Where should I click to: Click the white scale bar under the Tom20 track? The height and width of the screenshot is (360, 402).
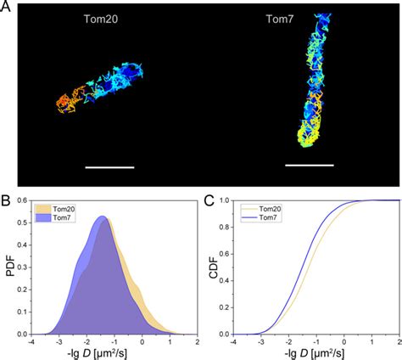tap(109, 167)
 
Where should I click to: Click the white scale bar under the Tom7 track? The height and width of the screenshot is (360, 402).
tap(309, 166)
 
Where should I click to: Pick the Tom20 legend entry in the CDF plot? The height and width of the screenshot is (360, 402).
tap(258, 207)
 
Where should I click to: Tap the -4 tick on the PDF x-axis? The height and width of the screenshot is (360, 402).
tap(31, 342)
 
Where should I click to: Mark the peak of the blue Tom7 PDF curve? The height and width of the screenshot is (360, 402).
tap(102, 217)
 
